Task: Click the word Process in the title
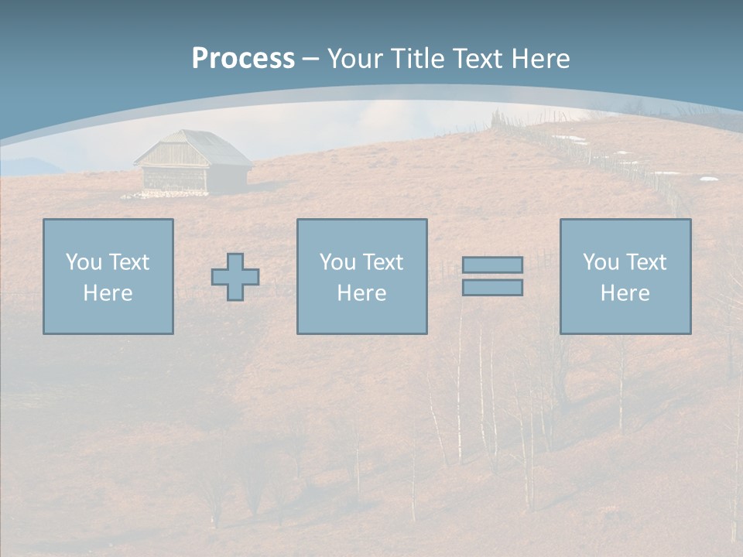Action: [243, 59]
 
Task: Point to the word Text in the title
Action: [478, 59]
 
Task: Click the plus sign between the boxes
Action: [235, 277]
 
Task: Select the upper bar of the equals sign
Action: [492, 265]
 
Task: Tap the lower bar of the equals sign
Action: [492, 288]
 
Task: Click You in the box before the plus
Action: [83, 262]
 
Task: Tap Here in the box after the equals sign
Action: [625, 293]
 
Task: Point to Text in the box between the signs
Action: [382, 262]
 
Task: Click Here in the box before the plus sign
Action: [108, 293]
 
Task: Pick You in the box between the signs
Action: [337, 262]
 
